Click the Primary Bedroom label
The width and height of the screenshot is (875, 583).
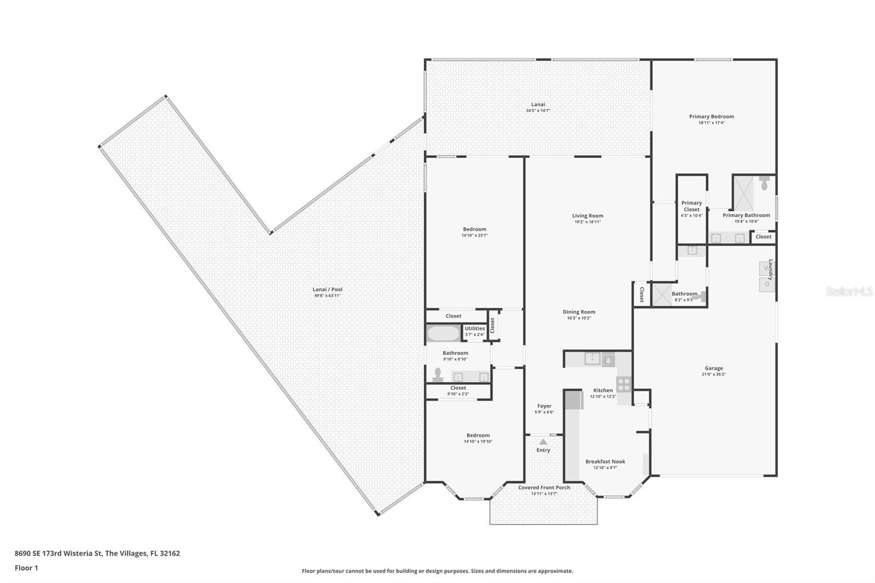click(711, 116)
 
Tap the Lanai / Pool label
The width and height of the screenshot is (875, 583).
click(328, 289)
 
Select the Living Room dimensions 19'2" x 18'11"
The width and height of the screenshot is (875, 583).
click(588, 222)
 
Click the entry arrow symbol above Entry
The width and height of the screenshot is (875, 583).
click(543, 441)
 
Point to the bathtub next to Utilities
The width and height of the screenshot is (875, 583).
click(444, 334)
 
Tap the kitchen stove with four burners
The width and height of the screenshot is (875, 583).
click(623, 384)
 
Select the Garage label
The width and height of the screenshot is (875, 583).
click(714, 369)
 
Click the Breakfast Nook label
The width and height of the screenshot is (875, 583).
click(605, 462)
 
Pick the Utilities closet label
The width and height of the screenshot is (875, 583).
click(475, 329)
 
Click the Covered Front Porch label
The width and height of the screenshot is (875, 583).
click(544, 487)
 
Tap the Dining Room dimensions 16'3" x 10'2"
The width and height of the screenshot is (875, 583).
click(579, 318)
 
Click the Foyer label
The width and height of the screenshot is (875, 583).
click(544, 406)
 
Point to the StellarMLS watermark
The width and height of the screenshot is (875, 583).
click(849, 292)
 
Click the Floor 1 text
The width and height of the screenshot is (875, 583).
click(26, 568)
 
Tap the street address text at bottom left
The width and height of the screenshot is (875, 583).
click(97, 553)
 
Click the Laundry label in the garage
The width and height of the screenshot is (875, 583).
click(770, 270)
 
